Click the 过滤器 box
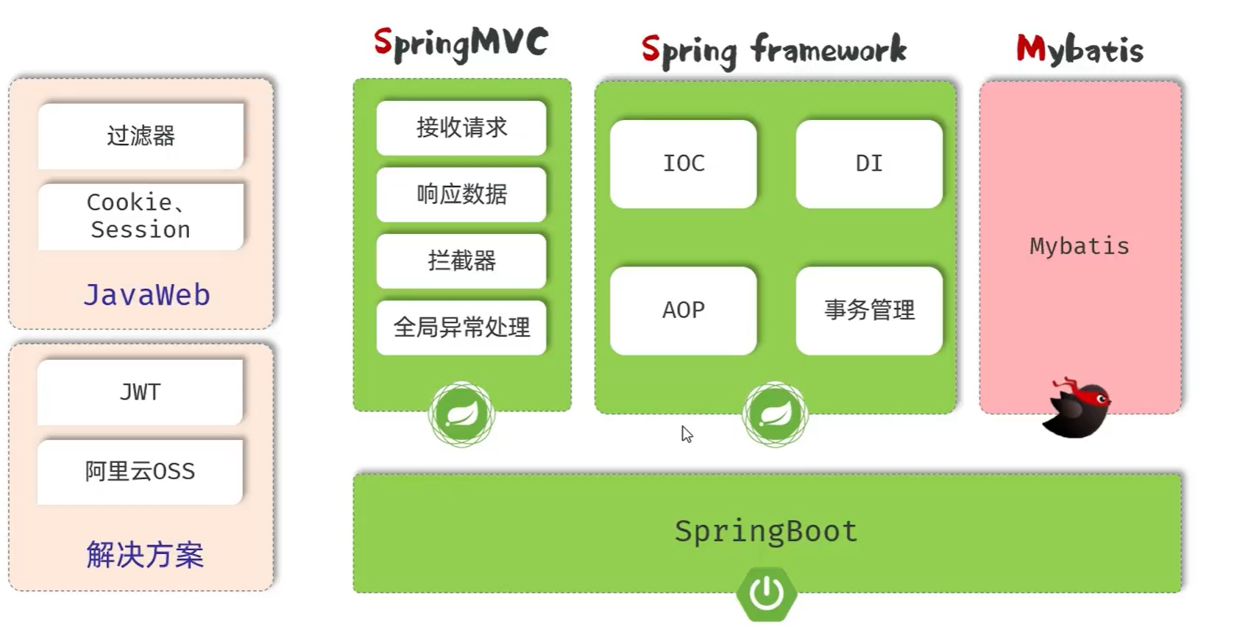[141, 136]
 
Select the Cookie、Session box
[141, 216]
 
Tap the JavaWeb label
[146, 295]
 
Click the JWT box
[140, 392]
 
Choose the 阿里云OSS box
[140, 471]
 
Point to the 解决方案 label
[145, 554]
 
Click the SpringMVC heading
[461, 44]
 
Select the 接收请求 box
[461, 128]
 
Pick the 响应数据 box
[461, 194]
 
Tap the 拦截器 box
[461, 261]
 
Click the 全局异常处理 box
[461, 327]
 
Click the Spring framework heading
[773, 50]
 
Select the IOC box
[683, 163]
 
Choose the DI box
[869, 163]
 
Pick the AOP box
[683, 310]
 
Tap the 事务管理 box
[869, 310]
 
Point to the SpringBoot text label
[766, 531]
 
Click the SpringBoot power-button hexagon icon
[766, 593]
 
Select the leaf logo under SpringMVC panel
[461, 414]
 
